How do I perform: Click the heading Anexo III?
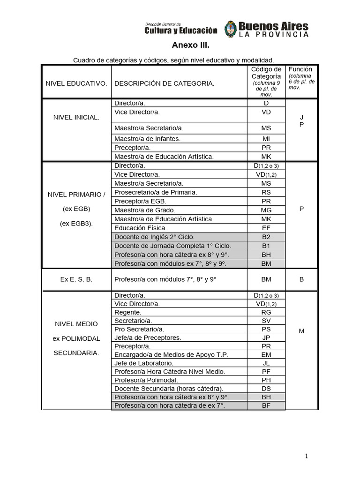[x=189, y=46]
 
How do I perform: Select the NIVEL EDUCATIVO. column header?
[x=76, y=83]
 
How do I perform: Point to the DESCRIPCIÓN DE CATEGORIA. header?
[x=164, y=83]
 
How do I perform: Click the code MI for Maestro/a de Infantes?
[x=266, y=139]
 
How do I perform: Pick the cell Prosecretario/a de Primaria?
[x=156, y=192]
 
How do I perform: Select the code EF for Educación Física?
[x=266, y=228]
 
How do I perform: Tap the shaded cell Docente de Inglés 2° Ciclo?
[x=154, y=237]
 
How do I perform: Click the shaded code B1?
[x=266, y=246]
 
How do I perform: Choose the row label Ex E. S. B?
[x=76, y=279]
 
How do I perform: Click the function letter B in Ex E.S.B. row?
[x=301, y=279]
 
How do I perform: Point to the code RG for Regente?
[x=266, y=312]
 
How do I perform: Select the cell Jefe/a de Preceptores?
[x=148, y=337]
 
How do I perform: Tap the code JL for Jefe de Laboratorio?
[x=266, y=363]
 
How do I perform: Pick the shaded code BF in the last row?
[x=266, y=405]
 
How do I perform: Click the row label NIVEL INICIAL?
[x=76, y=117]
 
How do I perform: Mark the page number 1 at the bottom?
[x=306, y=456]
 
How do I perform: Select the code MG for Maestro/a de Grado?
[x=266, y=210]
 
